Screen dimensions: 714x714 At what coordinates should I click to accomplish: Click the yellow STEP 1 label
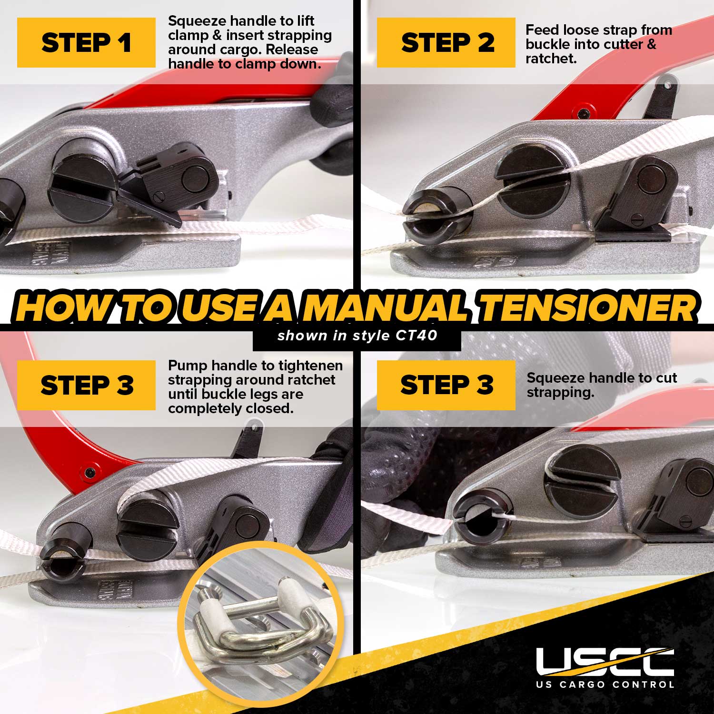click(x=86, y=42)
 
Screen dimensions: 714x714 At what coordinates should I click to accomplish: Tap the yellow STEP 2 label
click(x=446, y=42)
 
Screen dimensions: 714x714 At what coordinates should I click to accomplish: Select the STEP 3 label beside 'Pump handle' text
click(x=86, y=385)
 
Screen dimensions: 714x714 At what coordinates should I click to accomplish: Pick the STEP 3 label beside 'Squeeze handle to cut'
click(x=446, y=385)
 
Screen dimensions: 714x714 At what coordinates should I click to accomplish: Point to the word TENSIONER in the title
click(x=589, y=308)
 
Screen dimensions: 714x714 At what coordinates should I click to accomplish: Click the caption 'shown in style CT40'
click(x=357, y=336)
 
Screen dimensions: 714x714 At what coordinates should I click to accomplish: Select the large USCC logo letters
click(x=605, y=662)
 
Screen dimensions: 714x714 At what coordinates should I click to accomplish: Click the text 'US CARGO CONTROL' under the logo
click(x=605, y=684)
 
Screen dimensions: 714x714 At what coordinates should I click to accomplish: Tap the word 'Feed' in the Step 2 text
click(x=542, y=30)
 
